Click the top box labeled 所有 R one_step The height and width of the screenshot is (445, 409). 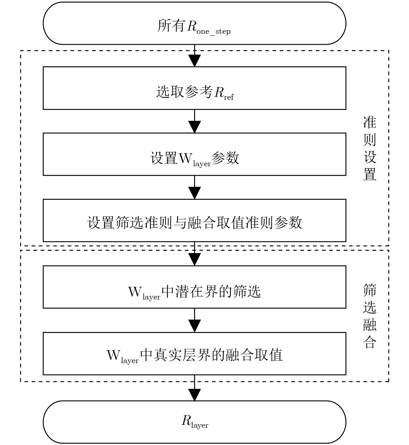194,23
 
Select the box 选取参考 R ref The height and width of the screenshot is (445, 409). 194,88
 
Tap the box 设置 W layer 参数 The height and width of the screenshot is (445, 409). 194,154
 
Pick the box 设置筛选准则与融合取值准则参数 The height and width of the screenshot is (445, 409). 194,221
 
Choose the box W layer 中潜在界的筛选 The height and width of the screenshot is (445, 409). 194,287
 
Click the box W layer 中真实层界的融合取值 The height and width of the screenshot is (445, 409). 194,353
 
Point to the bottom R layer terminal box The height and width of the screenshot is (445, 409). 194,422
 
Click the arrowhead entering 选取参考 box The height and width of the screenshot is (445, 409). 194,61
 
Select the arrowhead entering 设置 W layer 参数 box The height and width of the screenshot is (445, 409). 194,127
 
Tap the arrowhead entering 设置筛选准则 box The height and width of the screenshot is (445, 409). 194,193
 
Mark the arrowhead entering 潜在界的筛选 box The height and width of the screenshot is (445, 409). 194,260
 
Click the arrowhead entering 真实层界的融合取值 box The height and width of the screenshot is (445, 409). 194,326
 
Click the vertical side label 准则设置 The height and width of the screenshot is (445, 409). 370,148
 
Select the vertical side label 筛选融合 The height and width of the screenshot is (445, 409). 370,316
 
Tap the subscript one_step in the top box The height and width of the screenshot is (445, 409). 213,32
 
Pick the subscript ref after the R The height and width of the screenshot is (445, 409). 229,97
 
